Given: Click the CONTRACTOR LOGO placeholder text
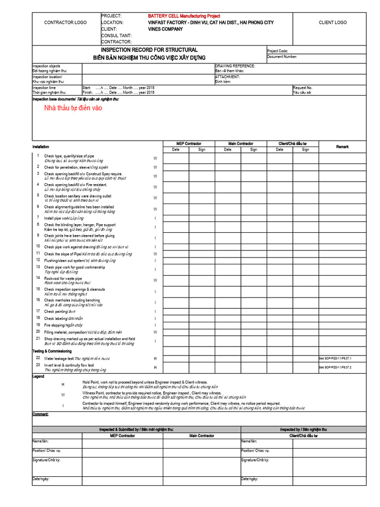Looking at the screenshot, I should click(65, 23).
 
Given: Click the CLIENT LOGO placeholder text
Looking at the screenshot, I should click(332, 23).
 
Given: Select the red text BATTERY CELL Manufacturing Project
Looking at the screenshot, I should click(184, 16).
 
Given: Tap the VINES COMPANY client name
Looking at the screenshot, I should click(165, 29).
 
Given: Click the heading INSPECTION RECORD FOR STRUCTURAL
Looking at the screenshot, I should click(149, 50).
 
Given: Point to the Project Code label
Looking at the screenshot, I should click(277, 51).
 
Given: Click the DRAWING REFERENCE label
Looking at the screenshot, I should click(235, 66).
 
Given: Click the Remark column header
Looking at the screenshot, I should click(342, 147).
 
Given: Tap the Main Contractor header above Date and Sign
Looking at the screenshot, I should click(240, 144).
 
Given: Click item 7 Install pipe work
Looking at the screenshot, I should click(64, 218).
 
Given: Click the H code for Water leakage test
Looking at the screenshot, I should click(155, 358).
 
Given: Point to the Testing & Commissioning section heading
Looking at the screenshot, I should click(52, 351).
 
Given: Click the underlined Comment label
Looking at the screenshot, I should click(40, 414).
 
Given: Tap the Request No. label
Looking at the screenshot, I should click(302, 88).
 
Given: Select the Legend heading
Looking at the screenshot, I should click(38, 376).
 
